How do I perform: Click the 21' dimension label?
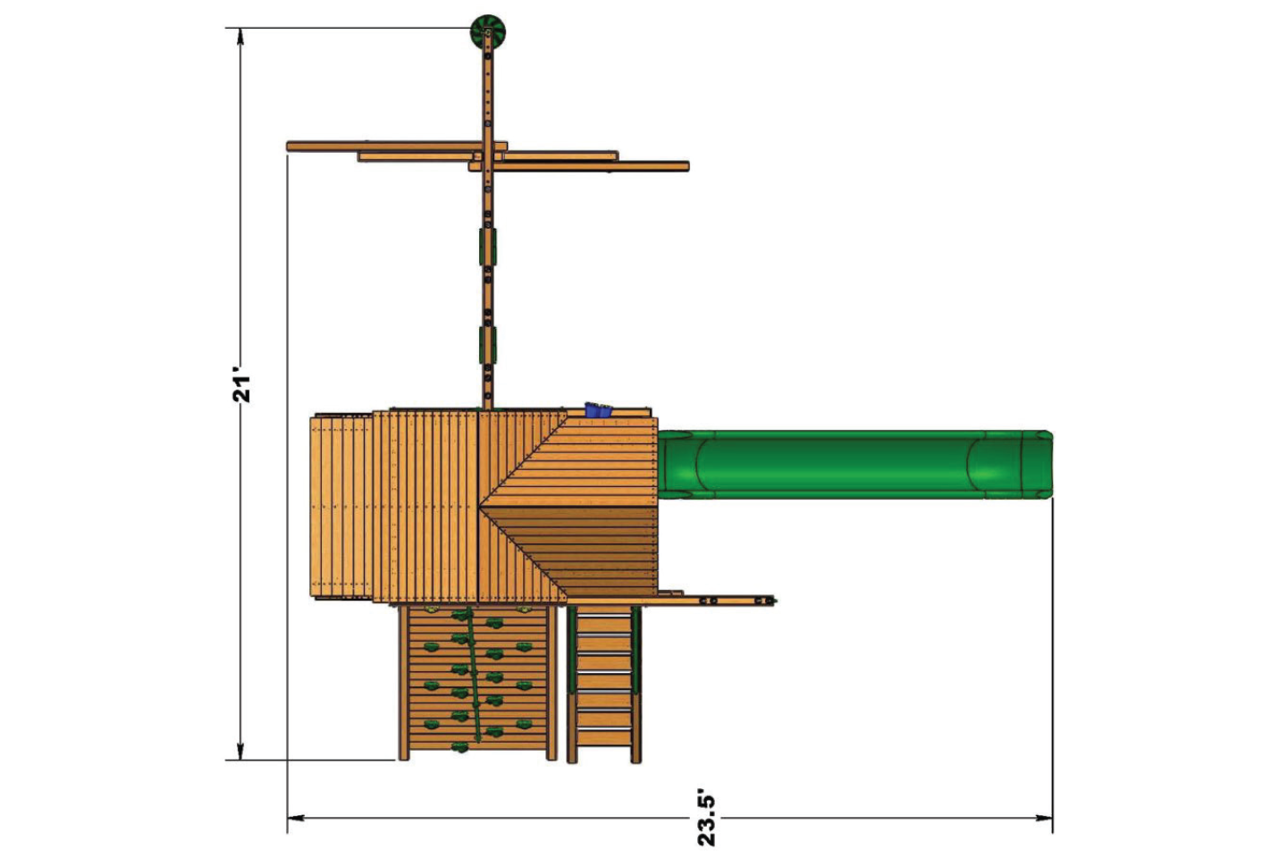tap(242, 383)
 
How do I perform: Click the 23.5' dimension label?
tap(706, 818)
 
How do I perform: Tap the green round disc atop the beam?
tap(488, 32)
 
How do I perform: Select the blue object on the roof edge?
tap(597, 411)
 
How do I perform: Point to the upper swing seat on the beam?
tap(488, 246)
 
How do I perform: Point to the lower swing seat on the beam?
tap(488, 344)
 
